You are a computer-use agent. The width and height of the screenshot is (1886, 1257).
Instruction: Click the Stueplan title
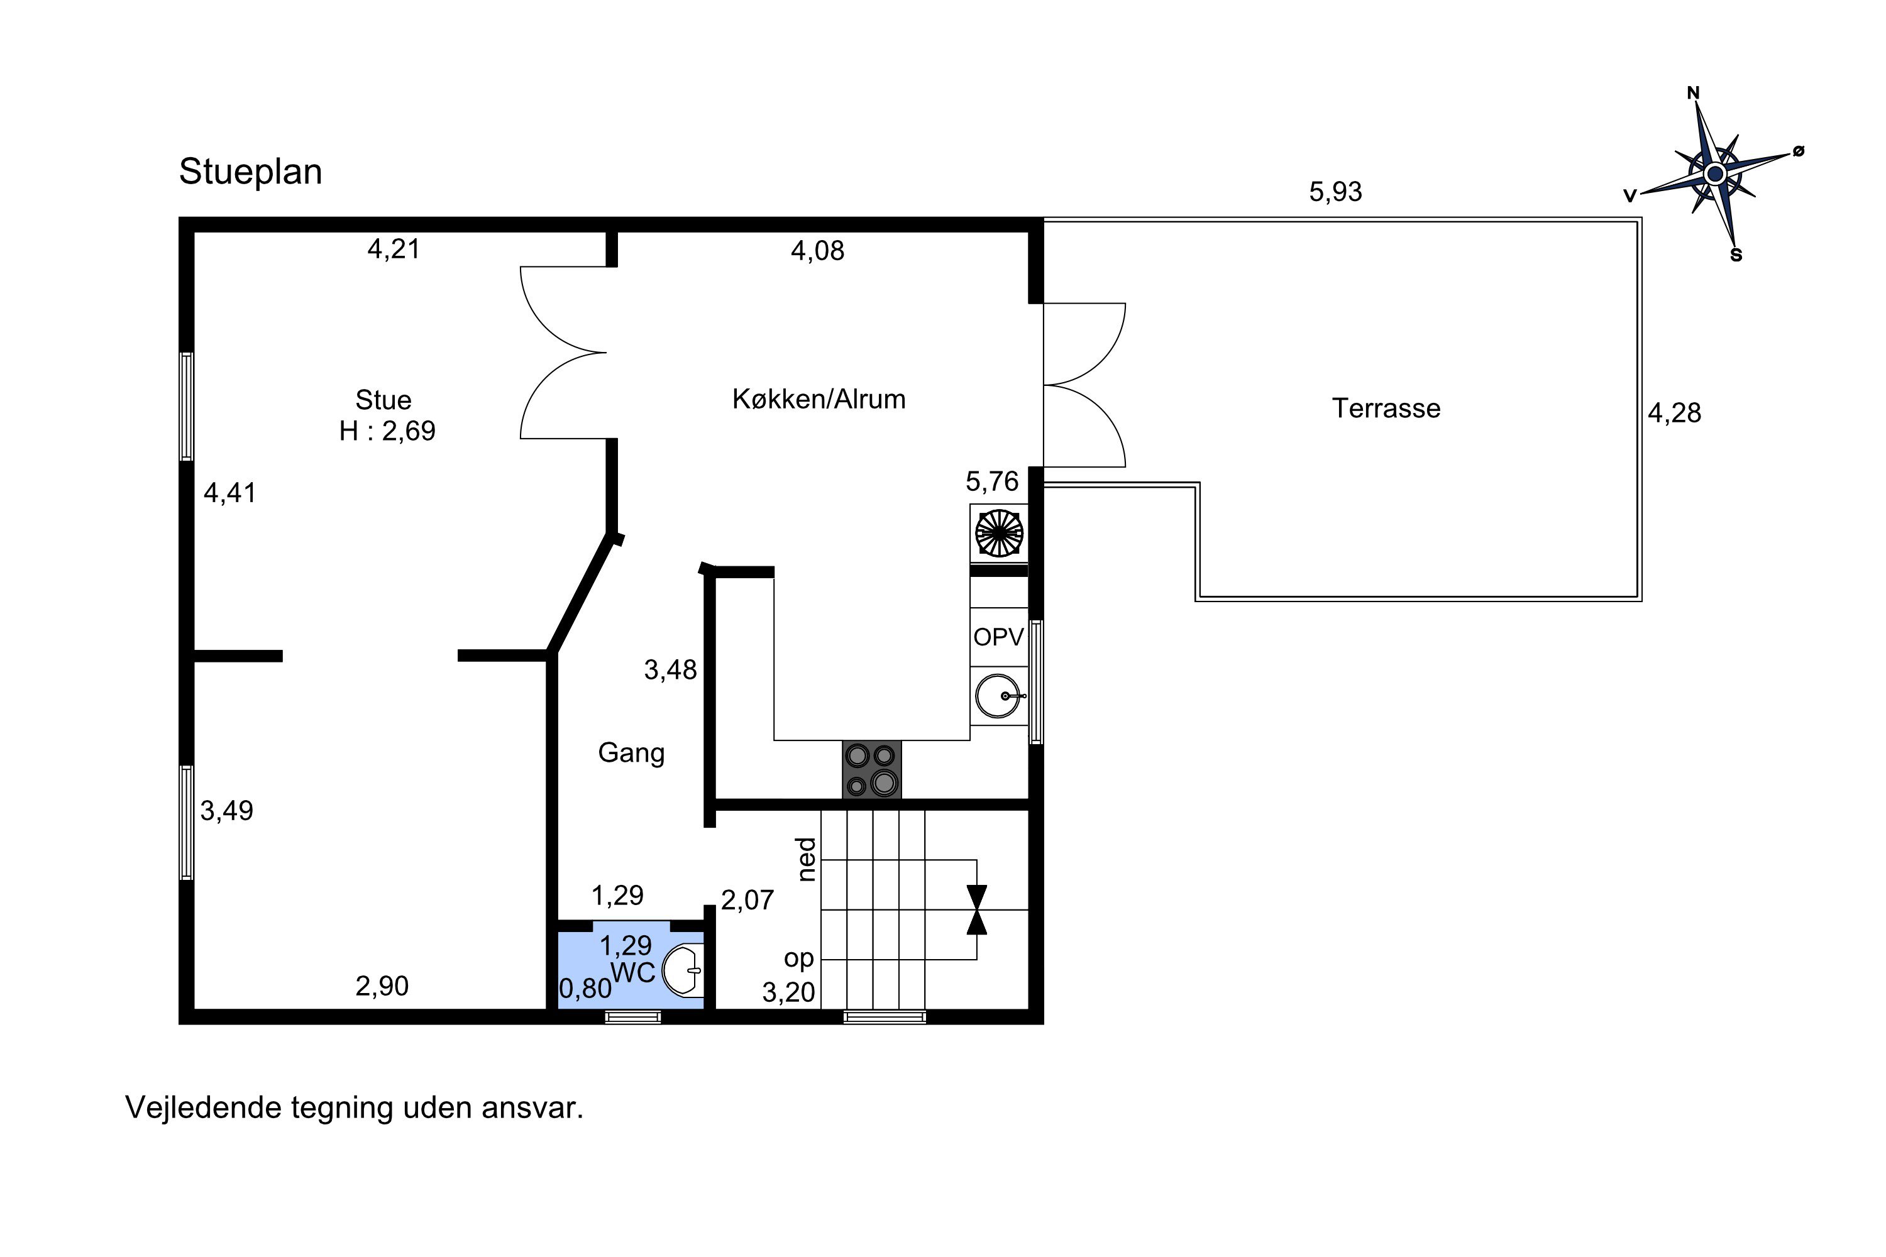[250, 172]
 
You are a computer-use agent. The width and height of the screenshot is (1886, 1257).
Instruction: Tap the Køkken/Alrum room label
[819, 399]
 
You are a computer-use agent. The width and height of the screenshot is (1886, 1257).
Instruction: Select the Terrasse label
[1386, 409]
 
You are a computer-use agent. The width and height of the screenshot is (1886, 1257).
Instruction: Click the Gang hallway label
[631, 754]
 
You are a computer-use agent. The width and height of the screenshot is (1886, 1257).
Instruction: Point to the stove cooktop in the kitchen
[871, 769]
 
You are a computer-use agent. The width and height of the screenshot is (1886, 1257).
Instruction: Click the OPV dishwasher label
[998, 637]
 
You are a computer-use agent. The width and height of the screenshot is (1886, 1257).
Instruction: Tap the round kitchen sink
[999, 696]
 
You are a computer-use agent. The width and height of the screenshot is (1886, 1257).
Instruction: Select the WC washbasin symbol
[684, 971]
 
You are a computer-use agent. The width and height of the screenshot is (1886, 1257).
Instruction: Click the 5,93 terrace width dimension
[1336, 192]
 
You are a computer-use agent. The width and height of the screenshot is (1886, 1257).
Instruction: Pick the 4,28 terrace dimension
[1674, 414]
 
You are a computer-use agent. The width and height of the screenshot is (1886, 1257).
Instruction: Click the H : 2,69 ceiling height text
[387, 431]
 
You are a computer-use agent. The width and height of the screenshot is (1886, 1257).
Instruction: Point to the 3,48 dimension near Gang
[670, 670]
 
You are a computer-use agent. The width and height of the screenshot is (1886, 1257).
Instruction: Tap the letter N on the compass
[1694, 93]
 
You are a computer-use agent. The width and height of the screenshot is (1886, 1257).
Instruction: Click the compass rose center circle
[1714, 173]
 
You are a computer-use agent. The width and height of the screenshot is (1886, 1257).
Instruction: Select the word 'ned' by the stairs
[807, 859]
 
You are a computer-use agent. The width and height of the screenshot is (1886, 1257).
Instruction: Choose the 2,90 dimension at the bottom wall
[382, 987]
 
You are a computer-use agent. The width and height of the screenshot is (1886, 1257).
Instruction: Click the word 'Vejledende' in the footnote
[203, 1109]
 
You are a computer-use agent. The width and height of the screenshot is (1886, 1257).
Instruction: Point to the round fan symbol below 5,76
[999, 533]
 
